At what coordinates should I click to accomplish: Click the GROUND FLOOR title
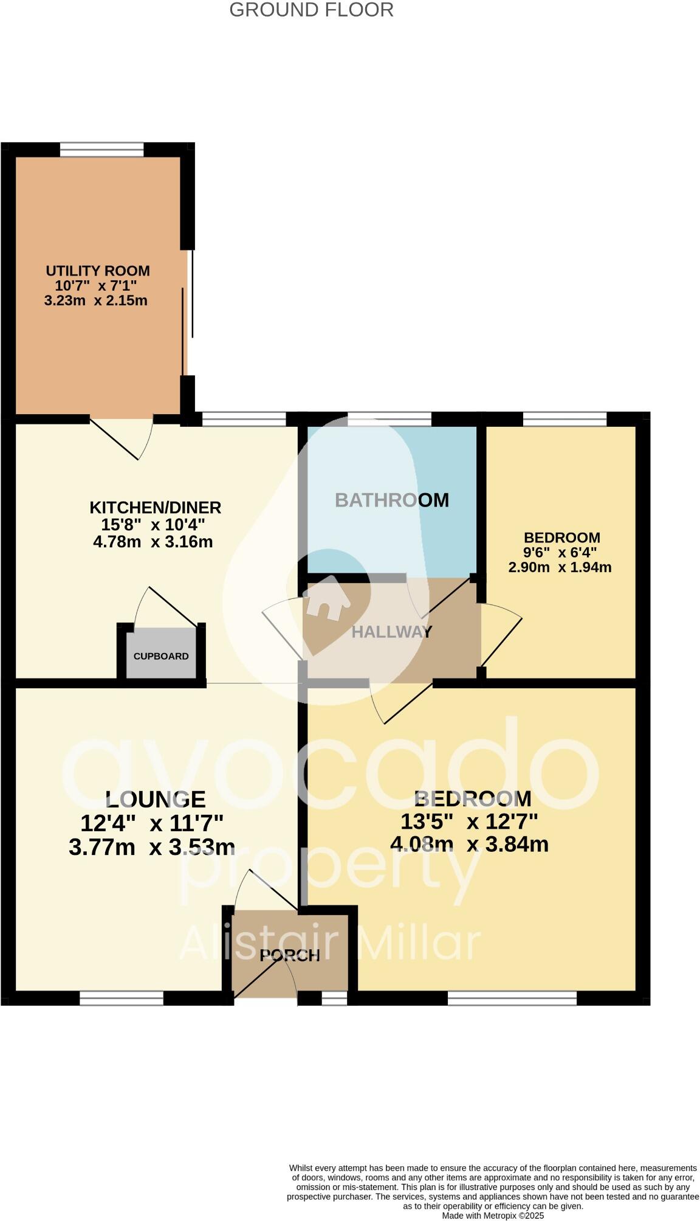(x=311, y=10)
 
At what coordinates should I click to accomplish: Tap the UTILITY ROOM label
(x=97, y=271)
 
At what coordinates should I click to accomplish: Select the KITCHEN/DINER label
(x=155, y=507)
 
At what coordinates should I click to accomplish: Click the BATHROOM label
(x=392, y=500)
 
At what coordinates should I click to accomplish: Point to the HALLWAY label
(x=391, y=632)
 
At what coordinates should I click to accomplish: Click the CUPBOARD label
(x=161, y=656)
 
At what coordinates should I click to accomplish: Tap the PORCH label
(x=289, y=955)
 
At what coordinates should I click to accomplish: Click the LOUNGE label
(x=156, y=799)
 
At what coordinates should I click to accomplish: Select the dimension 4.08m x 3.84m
(x=469, y=844)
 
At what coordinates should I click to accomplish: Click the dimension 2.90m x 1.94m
(x=560, y=567)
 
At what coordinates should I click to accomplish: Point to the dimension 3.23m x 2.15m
(x=96, y=300)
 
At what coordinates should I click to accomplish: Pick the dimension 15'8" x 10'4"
(x=149, y=524)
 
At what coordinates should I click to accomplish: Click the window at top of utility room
(x=101, y=150)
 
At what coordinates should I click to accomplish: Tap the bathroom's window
(x=389, y=418)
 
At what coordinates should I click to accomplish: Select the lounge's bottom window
(x=122, y=998)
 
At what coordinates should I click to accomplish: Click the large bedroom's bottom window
(x=512, y=998)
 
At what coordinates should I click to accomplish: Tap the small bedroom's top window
(x=564, y=418)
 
